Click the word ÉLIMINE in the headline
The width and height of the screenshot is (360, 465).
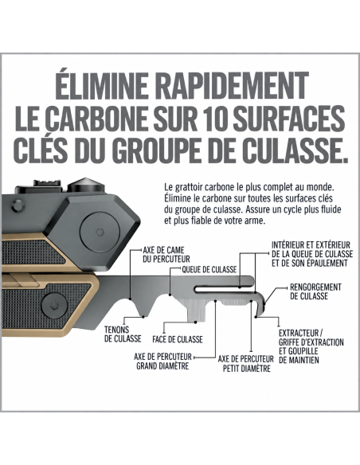click(x=101, y=85)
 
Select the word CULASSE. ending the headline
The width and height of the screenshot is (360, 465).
click(x=297, y=150)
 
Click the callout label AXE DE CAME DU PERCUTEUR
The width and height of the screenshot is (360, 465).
click(x=166, y=255)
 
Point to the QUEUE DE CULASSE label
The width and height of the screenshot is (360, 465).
click(x=209, y=269)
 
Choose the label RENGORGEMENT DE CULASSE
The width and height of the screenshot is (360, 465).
click(x=315, y=291)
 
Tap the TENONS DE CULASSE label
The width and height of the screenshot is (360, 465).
click(x=123, y=334)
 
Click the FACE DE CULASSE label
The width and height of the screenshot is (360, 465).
click(x=178, y=339)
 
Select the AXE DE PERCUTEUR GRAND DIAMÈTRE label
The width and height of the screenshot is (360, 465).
click(x=162, y=361)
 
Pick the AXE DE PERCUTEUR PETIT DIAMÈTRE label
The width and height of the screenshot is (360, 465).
click(x=246, y=364)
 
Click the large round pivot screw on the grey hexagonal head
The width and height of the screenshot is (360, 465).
click(x=100, y=232)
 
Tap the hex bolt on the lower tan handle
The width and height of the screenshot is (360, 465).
click(x=54, y=306)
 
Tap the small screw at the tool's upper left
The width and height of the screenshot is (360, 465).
click(x=18, y=205)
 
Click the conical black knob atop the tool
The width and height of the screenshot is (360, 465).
click(x=86, y=186)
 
